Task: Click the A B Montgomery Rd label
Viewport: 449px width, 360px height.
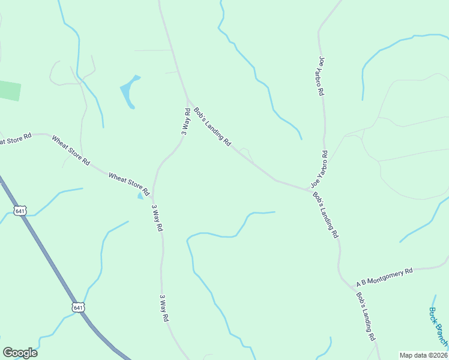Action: (385, 277)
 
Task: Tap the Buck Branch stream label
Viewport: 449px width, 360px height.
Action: (438, 327)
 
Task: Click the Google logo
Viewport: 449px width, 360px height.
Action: (20, 353)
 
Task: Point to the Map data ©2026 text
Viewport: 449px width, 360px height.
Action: (423, 355)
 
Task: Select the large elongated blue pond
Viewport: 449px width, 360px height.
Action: (130, 91)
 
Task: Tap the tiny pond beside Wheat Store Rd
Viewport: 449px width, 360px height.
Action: (141, 195)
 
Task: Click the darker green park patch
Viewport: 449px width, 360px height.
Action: (10, 91)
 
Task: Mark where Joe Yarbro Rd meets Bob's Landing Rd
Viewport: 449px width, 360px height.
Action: (310, 190)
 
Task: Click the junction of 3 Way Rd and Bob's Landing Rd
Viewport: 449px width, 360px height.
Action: (188, 98)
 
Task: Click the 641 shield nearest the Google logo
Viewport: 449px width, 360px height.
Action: (78, 307)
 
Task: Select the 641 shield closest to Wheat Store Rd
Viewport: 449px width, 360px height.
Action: (20, 211)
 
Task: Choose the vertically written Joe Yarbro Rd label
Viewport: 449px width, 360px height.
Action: (322, 76)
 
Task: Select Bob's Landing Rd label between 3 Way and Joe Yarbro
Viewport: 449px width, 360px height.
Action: (212, 127)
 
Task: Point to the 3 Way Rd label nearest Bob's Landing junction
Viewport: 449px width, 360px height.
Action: (186, 121)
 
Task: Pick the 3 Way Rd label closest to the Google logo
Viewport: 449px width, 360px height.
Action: (163, 308)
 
